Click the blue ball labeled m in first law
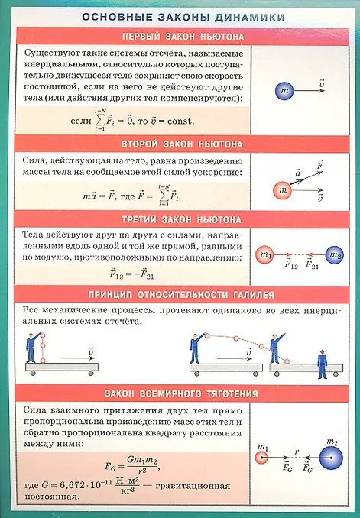click(x=284, y=91)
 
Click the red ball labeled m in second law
click(x=283, y=190)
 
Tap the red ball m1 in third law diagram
click(x=264, y=254)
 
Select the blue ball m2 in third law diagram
click(x=335, y=255)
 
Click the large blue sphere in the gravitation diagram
click(x=331, y=458)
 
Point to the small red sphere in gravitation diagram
click(x=262, y=458)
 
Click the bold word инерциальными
click(x=61, y=64)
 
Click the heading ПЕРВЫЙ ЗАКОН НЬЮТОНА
click(x=183, y=37)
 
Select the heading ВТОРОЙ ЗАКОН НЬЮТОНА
click(x=182, y=144)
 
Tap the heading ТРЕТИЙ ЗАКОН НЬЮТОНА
click(x=181, y=220)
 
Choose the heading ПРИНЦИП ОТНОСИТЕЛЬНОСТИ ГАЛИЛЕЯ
click(x=181, y=295)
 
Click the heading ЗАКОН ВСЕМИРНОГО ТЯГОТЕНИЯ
click(x=181, y=393)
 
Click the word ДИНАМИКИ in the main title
click(x=250, y=17)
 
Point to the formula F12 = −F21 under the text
click(x=131, y=274)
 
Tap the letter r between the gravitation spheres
click(x=297, y=452)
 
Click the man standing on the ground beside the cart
click(x=322, y=364)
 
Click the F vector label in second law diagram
click(x=319, y=164)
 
